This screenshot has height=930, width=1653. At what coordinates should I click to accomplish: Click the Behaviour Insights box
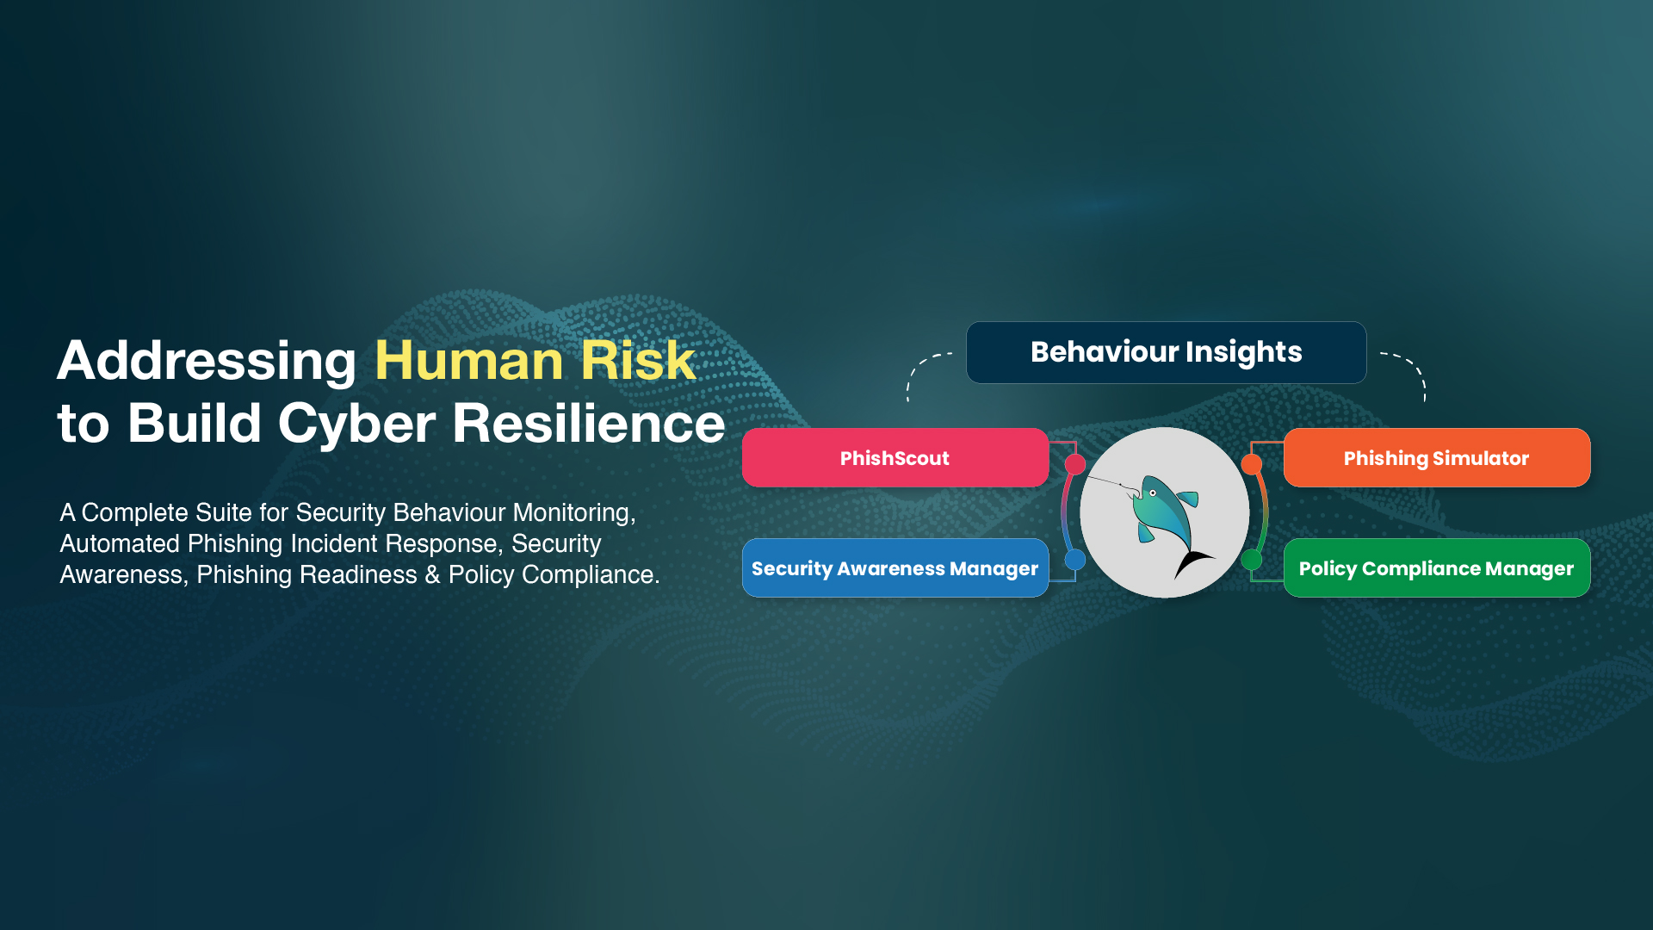1166,352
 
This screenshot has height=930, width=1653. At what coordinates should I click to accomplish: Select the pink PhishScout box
895,457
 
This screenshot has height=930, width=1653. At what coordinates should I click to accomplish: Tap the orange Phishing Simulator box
1437,457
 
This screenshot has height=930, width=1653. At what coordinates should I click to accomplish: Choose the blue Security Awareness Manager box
895,567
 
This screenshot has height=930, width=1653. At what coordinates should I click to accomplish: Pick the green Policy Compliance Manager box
1437,567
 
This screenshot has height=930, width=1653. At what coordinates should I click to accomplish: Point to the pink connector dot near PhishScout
1075,465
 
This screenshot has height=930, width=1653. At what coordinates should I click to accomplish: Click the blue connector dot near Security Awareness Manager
1075,560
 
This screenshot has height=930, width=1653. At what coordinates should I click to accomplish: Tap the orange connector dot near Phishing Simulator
1252,465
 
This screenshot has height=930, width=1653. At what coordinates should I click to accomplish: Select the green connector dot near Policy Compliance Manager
1252,560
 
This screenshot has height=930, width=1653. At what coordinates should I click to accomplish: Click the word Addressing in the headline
207,361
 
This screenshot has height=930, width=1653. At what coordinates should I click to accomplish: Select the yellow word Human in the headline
470,360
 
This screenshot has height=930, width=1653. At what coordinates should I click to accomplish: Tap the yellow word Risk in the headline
638,360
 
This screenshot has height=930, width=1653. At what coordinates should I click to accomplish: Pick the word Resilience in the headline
589,423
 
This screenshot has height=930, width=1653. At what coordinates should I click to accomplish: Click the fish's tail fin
1192,563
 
